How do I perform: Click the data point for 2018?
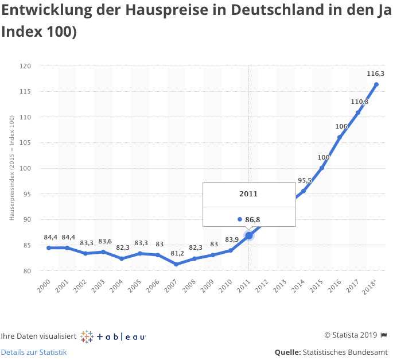point(376,84)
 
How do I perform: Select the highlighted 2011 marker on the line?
point(248,235)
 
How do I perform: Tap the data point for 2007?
point(176,264)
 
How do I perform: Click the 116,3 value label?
point(376,73)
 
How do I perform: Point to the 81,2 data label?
point(177,253)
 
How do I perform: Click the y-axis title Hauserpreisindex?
point(11,167)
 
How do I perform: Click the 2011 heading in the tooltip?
point(248,194)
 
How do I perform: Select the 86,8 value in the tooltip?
point(252,219)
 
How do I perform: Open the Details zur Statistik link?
point(34,352)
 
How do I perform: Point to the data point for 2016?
point(340,137)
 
